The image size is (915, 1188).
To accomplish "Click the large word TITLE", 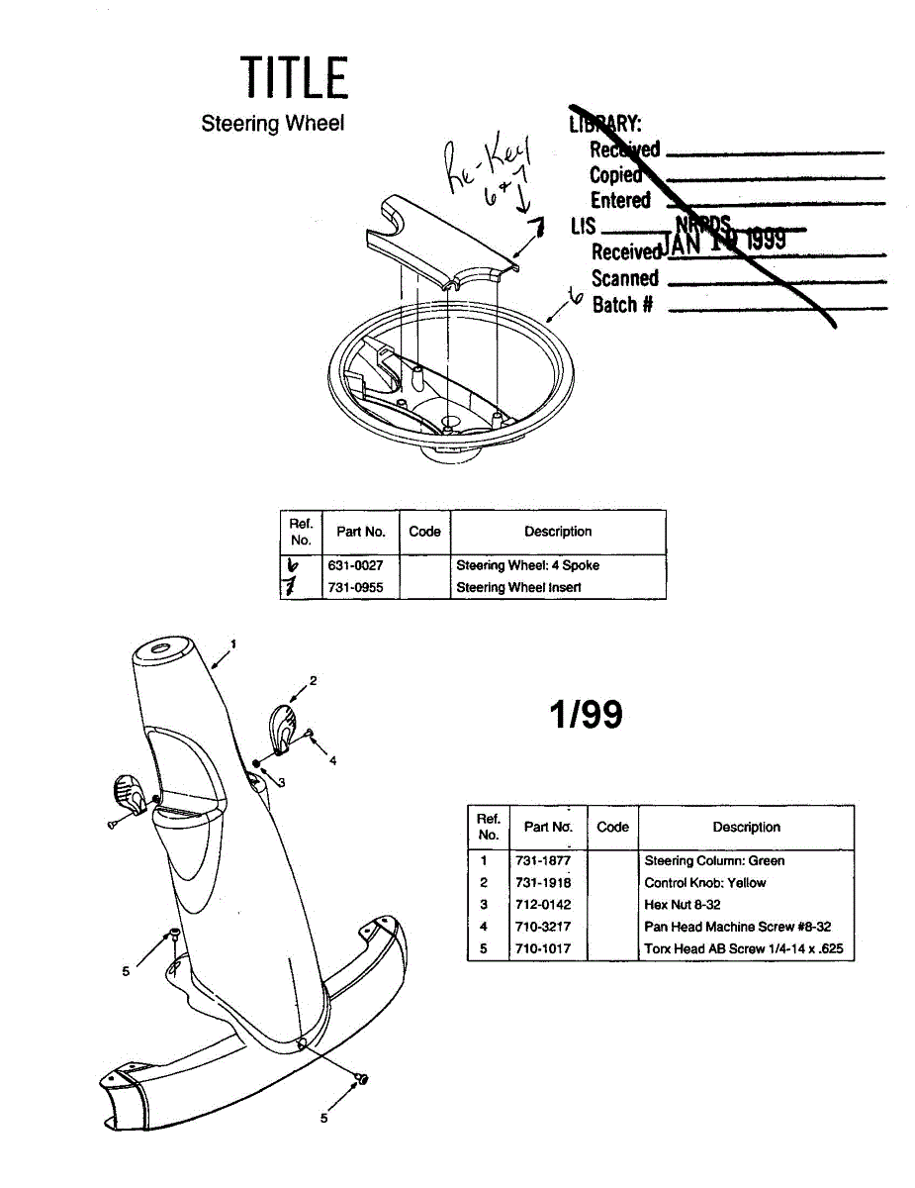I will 294,77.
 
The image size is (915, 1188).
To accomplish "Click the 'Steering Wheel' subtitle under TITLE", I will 272,124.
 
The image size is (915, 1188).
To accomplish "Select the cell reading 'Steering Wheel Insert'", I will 518,587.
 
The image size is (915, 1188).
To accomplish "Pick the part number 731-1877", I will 543,860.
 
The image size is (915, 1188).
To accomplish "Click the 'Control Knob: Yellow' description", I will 705,882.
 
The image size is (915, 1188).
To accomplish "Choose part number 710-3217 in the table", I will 543,927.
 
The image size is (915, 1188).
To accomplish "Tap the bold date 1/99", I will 588,714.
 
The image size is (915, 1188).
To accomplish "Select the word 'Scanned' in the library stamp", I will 624,278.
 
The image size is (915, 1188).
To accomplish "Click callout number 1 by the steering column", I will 233,643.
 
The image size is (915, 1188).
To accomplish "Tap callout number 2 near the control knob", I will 313,680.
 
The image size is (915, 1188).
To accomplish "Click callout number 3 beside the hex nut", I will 282,782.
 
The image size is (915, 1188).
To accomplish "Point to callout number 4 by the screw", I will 332,760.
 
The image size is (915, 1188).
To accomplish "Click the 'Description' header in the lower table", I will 746,828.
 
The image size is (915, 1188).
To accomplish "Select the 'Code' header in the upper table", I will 424,532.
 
